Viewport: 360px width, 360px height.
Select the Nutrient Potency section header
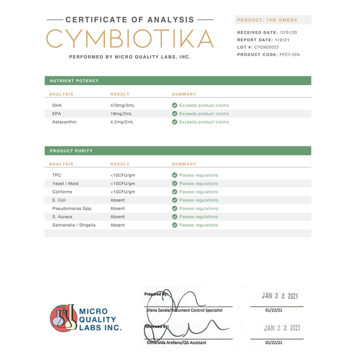74,80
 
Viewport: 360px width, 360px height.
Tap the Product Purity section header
71,151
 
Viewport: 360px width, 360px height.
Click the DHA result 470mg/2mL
122,105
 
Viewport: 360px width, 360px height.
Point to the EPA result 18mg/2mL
121,113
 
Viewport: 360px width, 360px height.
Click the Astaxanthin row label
64,122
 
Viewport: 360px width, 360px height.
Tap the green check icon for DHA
175,105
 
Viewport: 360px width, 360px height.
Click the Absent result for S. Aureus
118,217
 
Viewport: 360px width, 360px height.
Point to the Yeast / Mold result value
122,184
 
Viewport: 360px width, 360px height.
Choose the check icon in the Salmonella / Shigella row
175,225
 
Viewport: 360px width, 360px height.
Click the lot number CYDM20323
266,47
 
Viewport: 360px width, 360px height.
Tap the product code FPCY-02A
290,55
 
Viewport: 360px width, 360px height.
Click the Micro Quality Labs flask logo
64,318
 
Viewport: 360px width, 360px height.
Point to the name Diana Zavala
159,310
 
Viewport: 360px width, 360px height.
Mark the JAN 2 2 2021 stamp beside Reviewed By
281,328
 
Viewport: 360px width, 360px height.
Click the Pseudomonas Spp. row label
72,208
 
